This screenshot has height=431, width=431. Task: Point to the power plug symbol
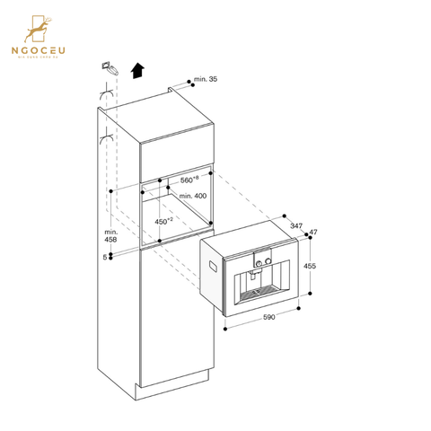(109, 67)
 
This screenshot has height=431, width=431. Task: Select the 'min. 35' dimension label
(207, 81)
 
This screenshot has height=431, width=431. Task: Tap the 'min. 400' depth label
(191, 196)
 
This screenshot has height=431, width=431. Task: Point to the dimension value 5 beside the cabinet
(105, 257)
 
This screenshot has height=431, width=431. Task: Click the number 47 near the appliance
(313, 233)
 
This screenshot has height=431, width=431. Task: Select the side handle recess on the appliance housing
(212, 266)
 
